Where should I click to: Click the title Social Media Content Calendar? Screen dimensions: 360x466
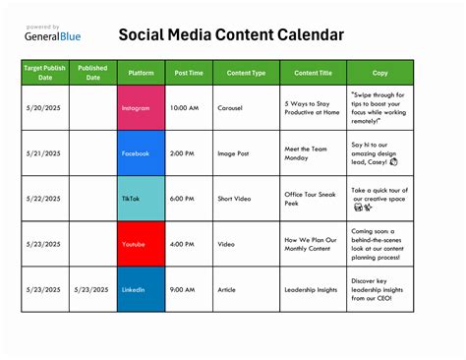click(x=231, y=35)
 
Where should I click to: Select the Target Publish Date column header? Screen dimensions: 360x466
click(x=45, y=73)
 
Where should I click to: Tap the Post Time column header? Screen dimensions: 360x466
click(x=189, y=73)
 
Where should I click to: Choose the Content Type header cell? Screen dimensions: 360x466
click(x=246, y=73)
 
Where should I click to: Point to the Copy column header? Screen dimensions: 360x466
click(x=380, y=73)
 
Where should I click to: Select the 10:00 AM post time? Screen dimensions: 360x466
click(x=185, y=107)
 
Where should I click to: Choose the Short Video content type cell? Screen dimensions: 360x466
click(x=234, y=199)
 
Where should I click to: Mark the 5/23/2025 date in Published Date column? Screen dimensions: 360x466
click(x=93, y=290)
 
